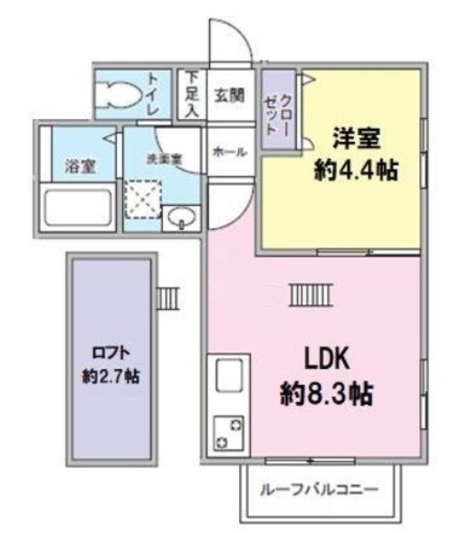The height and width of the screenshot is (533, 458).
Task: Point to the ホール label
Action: pyautogui.click(x=229, y=152)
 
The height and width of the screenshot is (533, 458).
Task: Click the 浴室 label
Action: pyautogui.click(x=80, y=166)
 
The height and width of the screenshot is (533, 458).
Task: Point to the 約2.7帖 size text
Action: pyautogui.click(x=111, y=376)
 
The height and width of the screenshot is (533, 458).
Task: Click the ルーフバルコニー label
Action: pyautogui.click(x=319, y=489)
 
